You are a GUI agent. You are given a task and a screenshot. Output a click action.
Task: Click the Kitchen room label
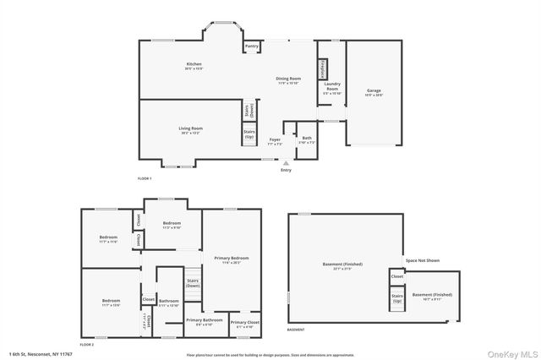pos(194,66)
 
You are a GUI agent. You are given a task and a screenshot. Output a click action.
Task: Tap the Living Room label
pos(190,130)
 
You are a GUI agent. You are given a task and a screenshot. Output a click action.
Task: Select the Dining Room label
pos(288,80)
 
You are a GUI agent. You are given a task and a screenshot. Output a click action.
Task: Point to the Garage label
pos(374,92)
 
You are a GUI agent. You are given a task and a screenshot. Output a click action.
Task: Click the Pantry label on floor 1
pos(252,46)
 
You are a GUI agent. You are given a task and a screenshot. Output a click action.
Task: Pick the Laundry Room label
pos(332,90)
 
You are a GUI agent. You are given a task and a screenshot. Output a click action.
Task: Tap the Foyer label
pos(275,141)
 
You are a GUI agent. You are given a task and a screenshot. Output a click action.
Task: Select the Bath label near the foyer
pos(307,139)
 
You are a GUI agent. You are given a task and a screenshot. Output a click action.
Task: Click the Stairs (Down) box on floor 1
pos(249,110)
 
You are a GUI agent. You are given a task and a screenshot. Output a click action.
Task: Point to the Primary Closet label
pos(244,325)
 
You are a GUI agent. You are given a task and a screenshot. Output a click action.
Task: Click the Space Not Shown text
pos(422,260)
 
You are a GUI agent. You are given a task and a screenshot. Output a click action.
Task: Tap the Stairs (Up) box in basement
pos(396,297)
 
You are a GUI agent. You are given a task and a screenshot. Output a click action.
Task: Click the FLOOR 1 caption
pos(145,179)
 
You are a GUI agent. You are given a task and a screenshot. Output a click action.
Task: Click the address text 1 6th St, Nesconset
pos(41,353)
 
